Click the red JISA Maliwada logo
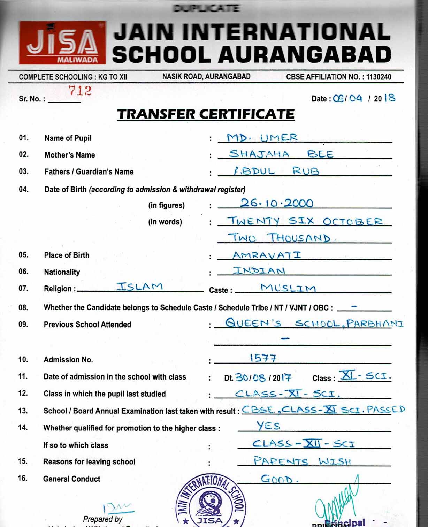[62, 43]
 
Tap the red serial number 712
[80, 91]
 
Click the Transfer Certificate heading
[206, 114]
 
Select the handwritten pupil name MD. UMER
[262, 137]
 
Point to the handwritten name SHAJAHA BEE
[281, 154]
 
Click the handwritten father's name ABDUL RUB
[276, 170]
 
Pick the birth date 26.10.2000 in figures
[277, 203]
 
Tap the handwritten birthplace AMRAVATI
[267, 255]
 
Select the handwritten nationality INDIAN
[259, 270]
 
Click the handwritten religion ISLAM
[140, 287]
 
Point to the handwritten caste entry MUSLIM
[288, 288]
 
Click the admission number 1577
[263, 358]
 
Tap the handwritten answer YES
[268, 426]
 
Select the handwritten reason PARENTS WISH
[302, 461]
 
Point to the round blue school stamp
[211, 502]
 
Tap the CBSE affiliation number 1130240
[378, 77]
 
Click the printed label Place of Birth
[67, 255]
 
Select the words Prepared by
[103, 519]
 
